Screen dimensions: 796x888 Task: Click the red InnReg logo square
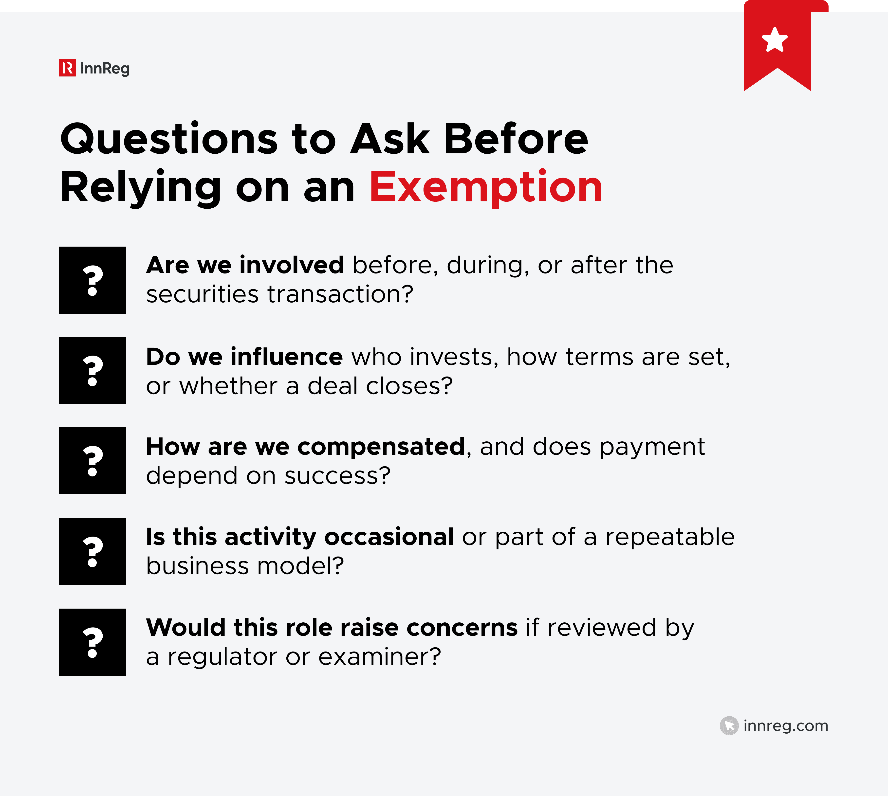tap(67, 68)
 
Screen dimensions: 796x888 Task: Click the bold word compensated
tap(381, 447)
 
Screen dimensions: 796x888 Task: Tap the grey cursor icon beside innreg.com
tap(729, 725)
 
